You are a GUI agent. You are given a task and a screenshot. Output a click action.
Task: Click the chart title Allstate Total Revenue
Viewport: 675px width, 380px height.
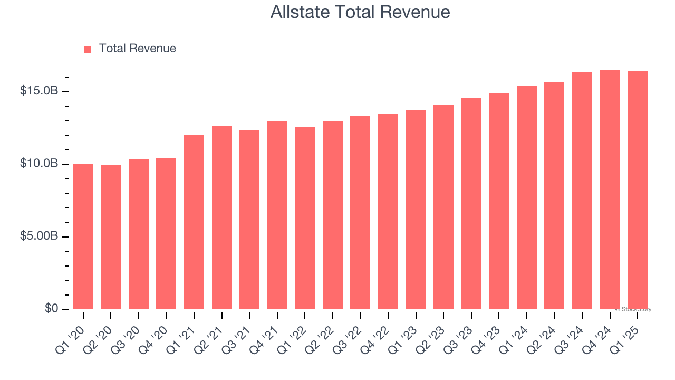[360, 12]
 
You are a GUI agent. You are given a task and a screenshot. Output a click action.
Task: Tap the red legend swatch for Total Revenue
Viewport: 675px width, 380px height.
[88, 49]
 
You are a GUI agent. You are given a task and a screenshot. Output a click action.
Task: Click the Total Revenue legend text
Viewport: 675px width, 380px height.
[137, 49]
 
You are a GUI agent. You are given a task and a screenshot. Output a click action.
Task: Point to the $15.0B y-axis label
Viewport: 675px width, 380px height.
[39, 91]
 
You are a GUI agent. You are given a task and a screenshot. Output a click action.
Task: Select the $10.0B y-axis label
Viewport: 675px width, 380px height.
[39, 164]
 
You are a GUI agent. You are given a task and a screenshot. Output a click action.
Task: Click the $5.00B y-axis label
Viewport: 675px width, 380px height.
[39, 236]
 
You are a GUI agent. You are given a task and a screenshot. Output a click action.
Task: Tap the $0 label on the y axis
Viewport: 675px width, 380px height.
[51, 308]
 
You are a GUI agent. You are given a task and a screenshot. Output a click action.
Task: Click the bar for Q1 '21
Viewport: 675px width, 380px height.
[194, 222]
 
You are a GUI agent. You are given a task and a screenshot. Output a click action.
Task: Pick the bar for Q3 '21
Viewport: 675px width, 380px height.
[249, 220]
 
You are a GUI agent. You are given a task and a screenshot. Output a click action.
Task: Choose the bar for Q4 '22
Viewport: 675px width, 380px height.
[388, 212]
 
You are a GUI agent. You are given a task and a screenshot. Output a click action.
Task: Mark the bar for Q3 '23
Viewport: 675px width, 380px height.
[471, 203]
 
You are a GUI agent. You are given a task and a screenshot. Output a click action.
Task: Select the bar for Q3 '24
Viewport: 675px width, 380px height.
[582, 191]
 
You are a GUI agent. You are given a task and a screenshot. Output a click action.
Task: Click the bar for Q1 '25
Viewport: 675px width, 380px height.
[638, 190]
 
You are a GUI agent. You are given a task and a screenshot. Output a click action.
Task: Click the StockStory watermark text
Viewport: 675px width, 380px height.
[633, 309]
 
